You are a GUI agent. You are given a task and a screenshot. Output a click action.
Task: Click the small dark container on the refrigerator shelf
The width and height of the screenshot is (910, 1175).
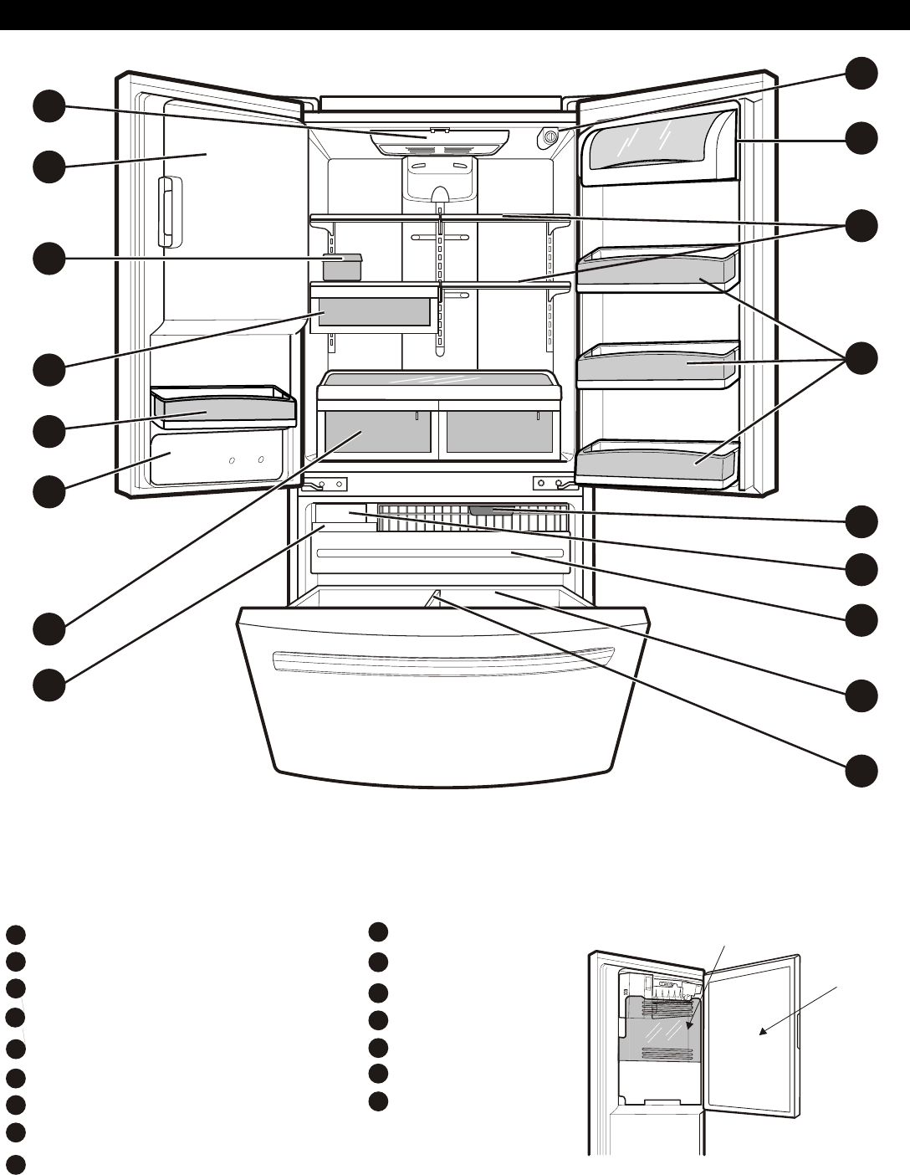pos(342,267)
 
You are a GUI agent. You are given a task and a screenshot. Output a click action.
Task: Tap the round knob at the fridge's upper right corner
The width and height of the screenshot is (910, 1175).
pos(550,136)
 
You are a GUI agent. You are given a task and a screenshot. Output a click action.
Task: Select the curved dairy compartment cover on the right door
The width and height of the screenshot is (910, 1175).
pos(656,146)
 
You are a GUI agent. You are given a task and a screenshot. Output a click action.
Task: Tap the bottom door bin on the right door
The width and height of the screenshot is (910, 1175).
pos(657,463)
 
